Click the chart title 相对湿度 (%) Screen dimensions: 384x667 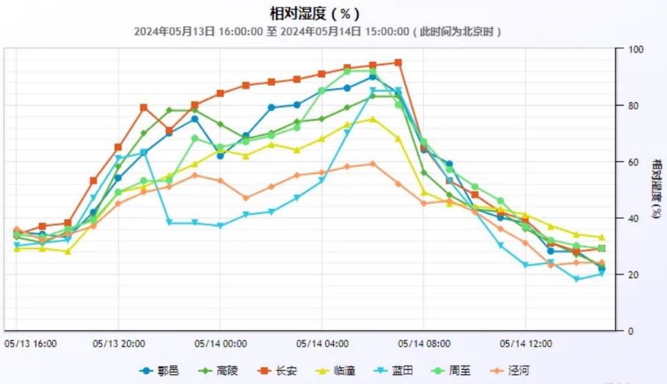(x=315, y=13)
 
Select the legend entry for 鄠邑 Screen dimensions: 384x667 (x=160, y=371)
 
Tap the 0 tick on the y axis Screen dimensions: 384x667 (x=629, y=331)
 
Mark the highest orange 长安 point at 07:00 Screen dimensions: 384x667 (x=398, y=63)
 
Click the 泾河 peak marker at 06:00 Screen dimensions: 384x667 (x=373, y=164)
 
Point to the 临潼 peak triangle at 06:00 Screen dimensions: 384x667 (x=373, y=119)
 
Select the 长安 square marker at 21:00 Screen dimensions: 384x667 (x=144, y=107)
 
